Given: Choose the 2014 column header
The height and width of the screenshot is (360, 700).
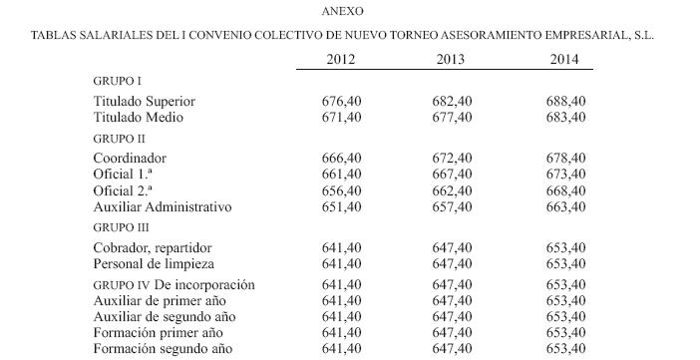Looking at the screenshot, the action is [x=565, y=59].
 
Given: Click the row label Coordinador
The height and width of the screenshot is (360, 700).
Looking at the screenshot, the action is [x=130, y=158].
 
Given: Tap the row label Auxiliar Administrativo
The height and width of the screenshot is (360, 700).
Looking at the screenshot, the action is [x=162, y=206].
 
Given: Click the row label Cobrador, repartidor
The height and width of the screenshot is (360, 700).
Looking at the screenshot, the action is [x=153, y=246].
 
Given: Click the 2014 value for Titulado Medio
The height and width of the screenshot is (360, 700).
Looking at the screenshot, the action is [x=565, y=117].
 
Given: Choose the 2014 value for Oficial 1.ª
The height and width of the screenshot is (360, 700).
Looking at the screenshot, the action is [x=565, y=174].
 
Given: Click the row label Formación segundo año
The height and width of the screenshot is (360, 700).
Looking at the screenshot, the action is [x=162, y=349].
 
